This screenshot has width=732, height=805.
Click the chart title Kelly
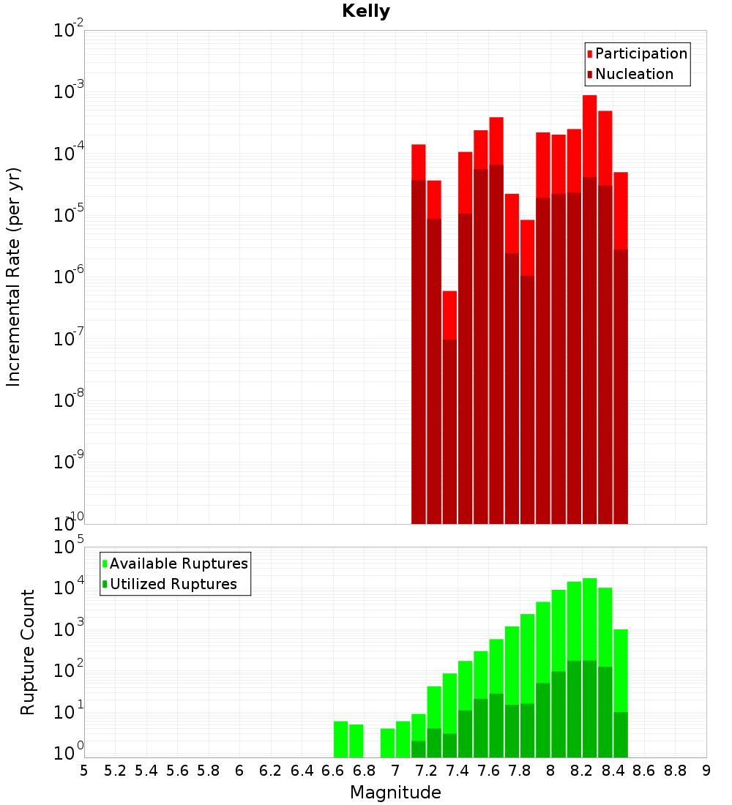(x=366, y=12)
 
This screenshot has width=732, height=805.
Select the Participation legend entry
(x=640, y=54)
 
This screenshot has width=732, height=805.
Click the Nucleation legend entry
(x=634, y=75)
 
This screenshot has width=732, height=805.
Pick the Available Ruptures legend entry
(x=178, y=563)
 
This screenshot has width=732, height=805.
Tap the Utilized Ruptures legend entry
(x=173, y=584)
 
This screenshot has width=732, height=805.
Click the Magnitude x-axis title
(x=395, y=793)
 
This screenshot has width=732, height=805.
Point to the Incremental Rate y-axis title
(x=13, y=277)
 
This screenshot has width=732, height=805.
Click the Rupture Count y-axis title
(x=28, y=652)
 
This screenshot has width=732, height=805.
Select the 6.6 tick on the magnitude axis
(x=333, y=771)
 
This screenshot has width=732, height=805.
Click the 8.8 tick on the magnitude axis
(x=676, y=771)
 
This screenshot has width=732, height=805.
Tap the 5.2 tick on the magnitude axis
(x=115, y=771)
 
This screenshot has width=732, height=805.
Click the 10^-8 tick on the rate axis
(x=69, y=400)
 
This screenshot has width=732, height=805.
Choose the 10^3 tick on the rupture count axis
(x=70, y=631)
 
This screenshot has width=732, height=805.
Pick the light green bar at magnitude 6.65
(x=340, y=739)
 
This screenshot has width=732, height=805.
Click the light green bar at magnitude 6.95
(x=387, y=743)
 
